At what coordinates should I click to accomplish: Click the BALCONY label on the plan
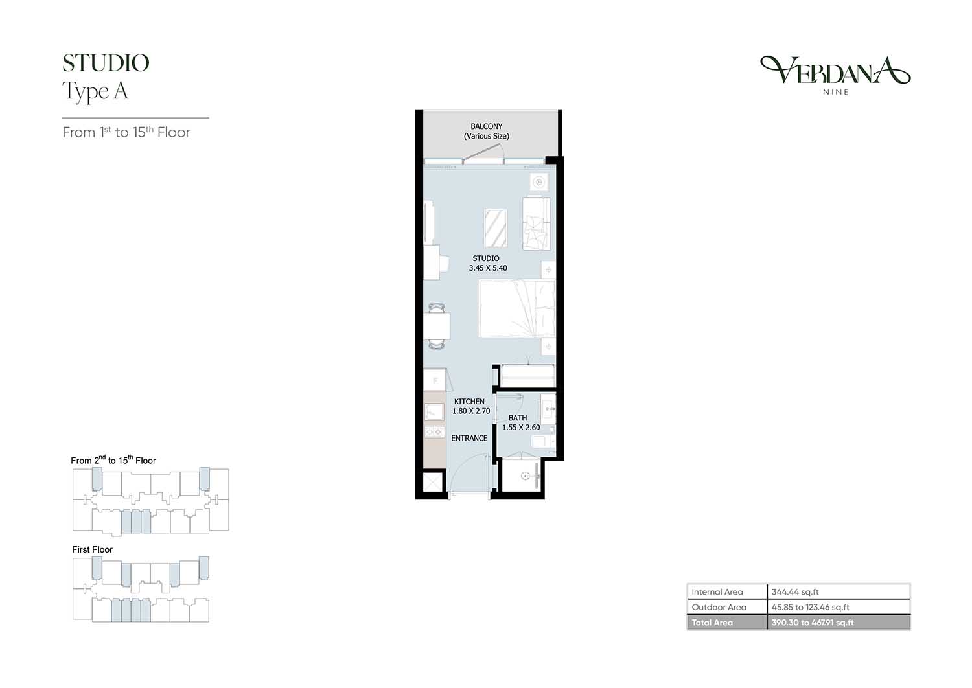[x=486, y=126]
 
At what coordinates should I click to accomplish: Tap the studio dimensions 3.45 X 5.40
[x=488, y=268]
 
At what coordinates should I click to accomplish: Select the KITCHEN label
[x=469, y=402]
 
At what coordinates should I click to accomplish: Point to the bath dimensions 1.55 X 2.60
[x=521, y=428]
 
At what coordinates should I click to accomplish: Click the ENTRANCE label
[x=469, y=438]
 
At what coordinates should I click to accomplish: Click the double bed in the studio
[x=517, y=308]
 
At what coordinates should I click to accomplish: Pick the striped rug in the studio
[x=496, y=228]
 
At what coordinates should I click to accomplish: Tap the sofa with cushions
[x=537, y=224]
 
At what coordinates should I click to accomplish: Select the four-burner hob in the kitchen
[x=434, y=432]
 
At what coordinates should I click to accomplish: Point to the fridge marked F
[x=435, y=380]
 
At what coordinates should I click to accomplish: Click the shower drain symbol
[x=526, y=476]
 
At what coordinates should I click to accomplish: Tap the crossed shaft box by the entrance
[x=433, y=482]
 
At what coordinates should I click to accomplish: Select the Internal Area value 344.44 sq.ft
[x=795, y=591]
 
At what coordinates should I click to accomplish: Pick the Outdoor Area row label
[x=719, y=607]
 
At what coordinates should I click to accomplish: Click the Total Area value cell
[x=839, y=623]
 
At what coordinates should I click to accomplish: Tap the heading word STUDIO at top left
[x=106, y=63]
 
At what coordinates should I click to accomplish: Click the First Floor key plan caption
[x=93, y=549]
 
